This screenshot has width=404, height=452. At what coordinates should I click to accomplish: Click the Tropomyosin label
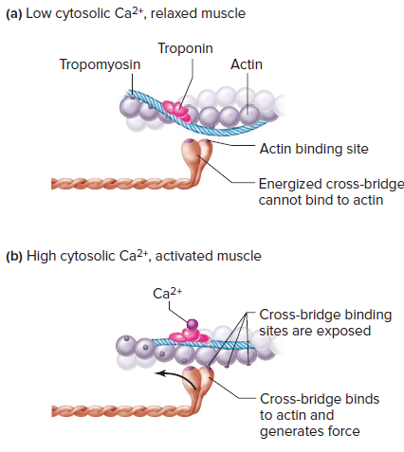point(100,64)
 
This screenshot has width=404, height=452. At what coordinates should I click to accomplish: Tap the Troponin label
point(185,48)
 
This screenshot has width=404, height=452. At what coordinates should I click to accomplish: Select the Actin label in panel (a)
point(247,64)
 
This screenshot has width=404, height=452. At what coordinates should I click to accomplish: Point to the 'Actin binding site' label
point(314,149)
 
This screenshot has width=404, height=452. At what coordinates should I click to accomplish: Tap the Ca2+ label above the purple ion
point(167,293)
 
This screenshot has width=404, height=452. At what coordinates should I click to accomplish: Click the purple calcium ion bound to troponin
point(193,324)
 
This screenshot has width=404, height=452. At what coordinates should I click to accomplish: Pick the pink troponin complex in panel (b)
point(190,336)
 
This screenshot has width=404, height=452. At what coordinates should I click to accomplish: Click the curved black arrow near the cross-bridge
point(177,376)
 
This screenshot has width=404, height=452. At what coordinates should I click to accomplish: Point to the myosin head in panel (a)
point(196,154)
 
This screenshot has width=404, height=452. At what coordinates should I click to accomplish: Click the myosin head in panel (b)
point(198,382)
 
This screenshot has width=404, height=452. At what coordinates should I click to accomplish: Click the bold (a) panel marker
point(14,14)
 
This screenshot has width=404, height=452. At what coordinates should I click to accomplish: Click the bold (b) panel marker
point(14,257)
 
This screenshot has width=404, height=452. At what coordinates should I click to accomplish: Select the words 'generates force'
point(310,431)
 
